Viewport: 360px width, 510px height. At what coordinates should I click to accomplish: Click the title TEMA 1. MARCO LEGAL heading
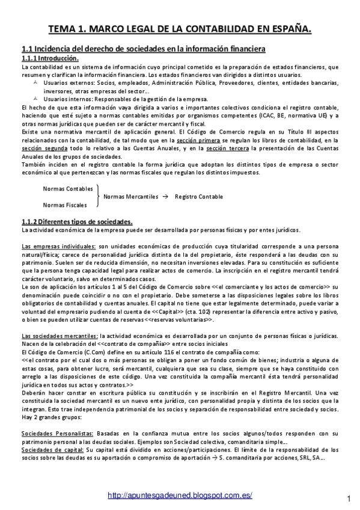180,28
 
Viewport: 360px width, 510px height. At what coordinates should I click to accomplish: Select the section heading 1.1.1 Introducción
50,58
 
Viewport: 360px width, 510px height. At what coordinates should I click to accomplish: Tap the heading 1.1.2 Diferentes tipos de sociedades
77,221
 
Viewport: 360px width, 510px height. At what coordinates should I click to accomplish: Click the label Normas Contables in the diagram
68,188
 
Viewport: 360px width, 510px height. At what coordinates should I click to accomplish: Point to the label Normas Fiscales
65,204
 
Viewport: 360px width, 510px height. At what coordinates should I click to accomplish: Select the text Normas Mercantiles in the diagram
131,197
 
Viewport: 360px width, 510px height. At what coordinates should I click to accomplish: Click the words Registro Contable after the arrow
198,197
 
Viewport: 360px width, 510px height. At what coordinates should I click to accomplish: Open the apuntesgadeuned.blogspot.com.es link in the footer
179,495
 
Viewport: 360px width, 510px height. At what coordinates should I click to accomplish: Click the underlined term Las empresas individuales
58,247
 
